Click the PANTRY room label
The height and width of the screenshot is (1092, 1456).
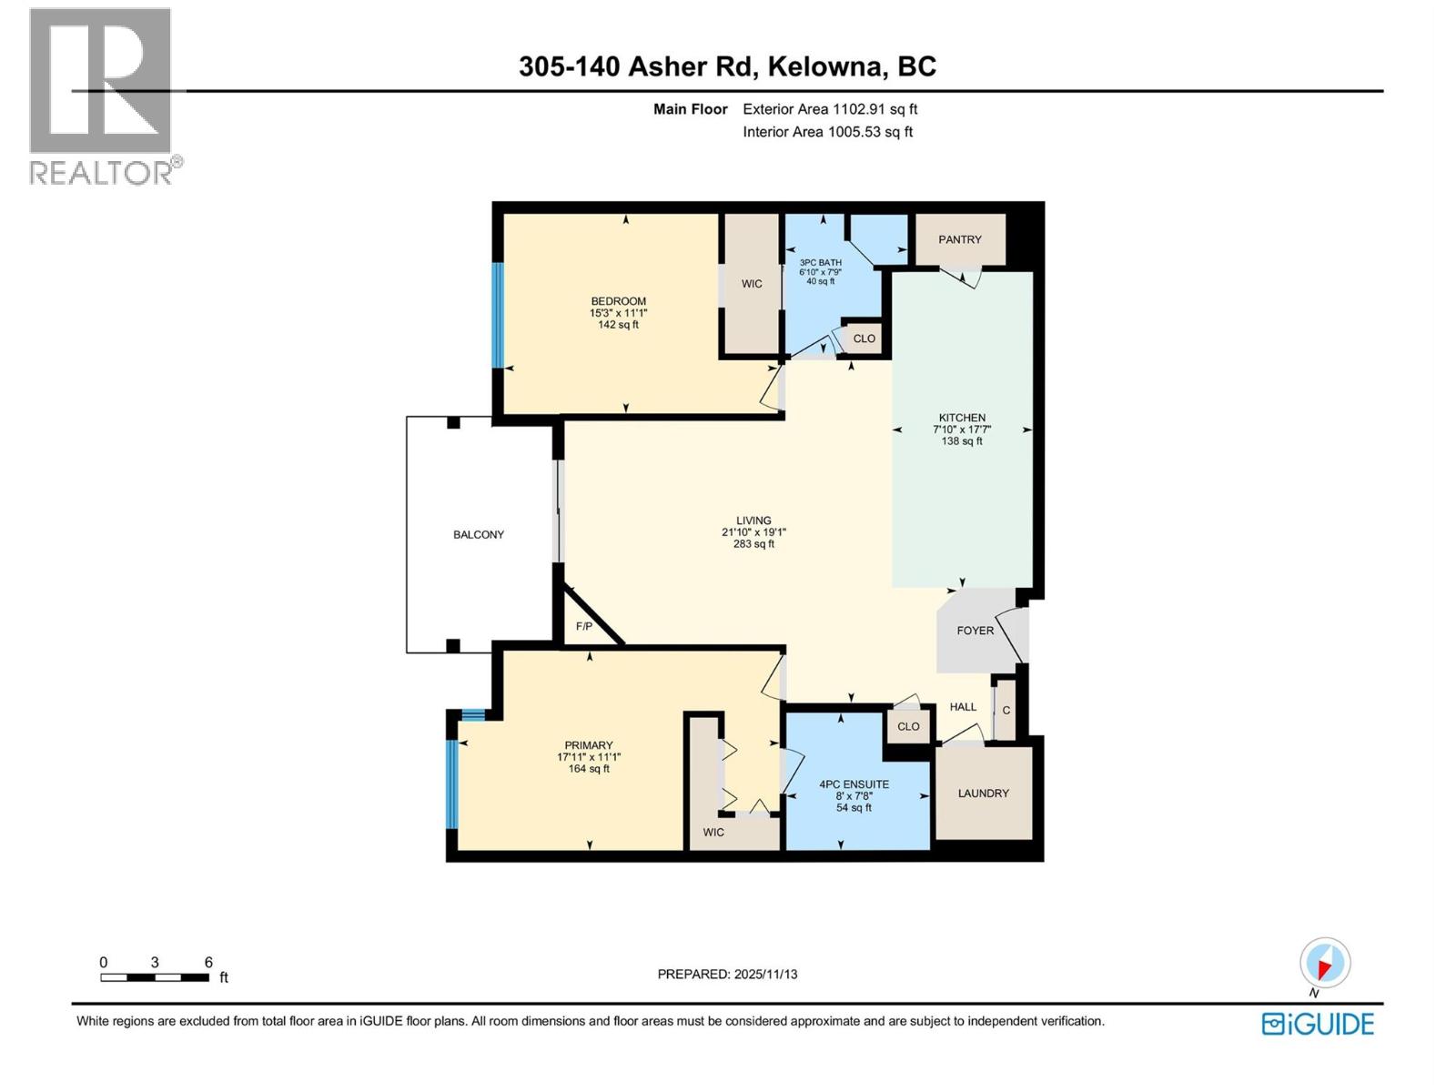pos(960,239)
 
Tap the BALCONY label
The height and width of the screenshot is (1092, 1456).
pos(479,534)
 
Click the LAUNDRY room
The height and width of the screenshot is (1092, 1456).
pos(983,793)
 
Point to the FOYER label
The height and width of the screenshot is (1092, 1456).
pos(975,630)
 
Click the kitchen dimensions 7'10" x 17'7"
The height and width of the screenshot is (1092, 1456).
pos(962,430)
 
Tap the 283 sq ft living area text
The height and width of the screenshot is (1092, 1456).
pos(753,544)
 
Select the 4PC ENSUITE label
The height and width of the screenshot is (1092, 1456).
pos(854,784)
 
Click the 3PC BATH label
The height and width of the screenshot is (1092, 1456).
pos(820,262)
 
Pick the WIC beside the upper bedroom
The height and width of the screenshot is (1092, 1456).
pos(752,284)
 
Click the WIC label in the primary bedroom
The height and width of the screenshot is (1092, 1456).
pos(713,832)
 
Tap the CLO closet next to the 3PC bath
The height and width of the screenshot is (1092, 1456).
pos(864,339)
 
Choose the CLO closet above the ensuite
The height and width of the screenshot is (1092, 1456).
pos(908,726)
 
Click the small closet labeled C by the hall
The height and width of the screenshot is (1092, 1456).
pos(1006,710)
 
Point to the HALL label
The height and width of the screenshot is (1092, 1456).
pos(963,706)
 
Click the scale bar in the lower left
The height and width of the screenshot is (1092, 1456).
pos(155,977)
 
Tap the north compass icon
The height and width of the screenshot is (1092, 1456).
pos(1325,963)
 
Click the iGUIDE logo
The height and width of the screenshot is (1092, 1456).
pos(1318,1024)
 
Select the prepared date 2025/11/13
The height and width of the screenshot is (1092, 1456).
pos(727,974)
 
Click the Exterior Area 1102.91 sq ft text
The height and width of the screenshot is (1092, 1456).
pos(830,109)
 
